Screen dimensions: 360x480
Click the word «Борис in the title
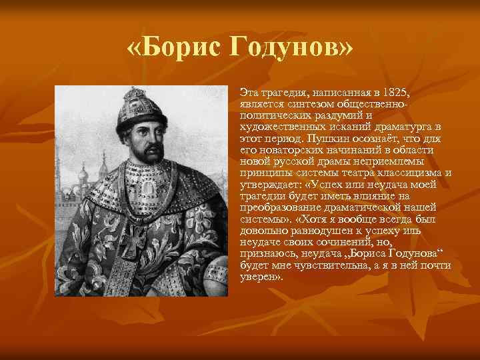[175, 49]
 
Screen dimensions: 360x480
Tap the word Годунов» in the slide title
[291, 49]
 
